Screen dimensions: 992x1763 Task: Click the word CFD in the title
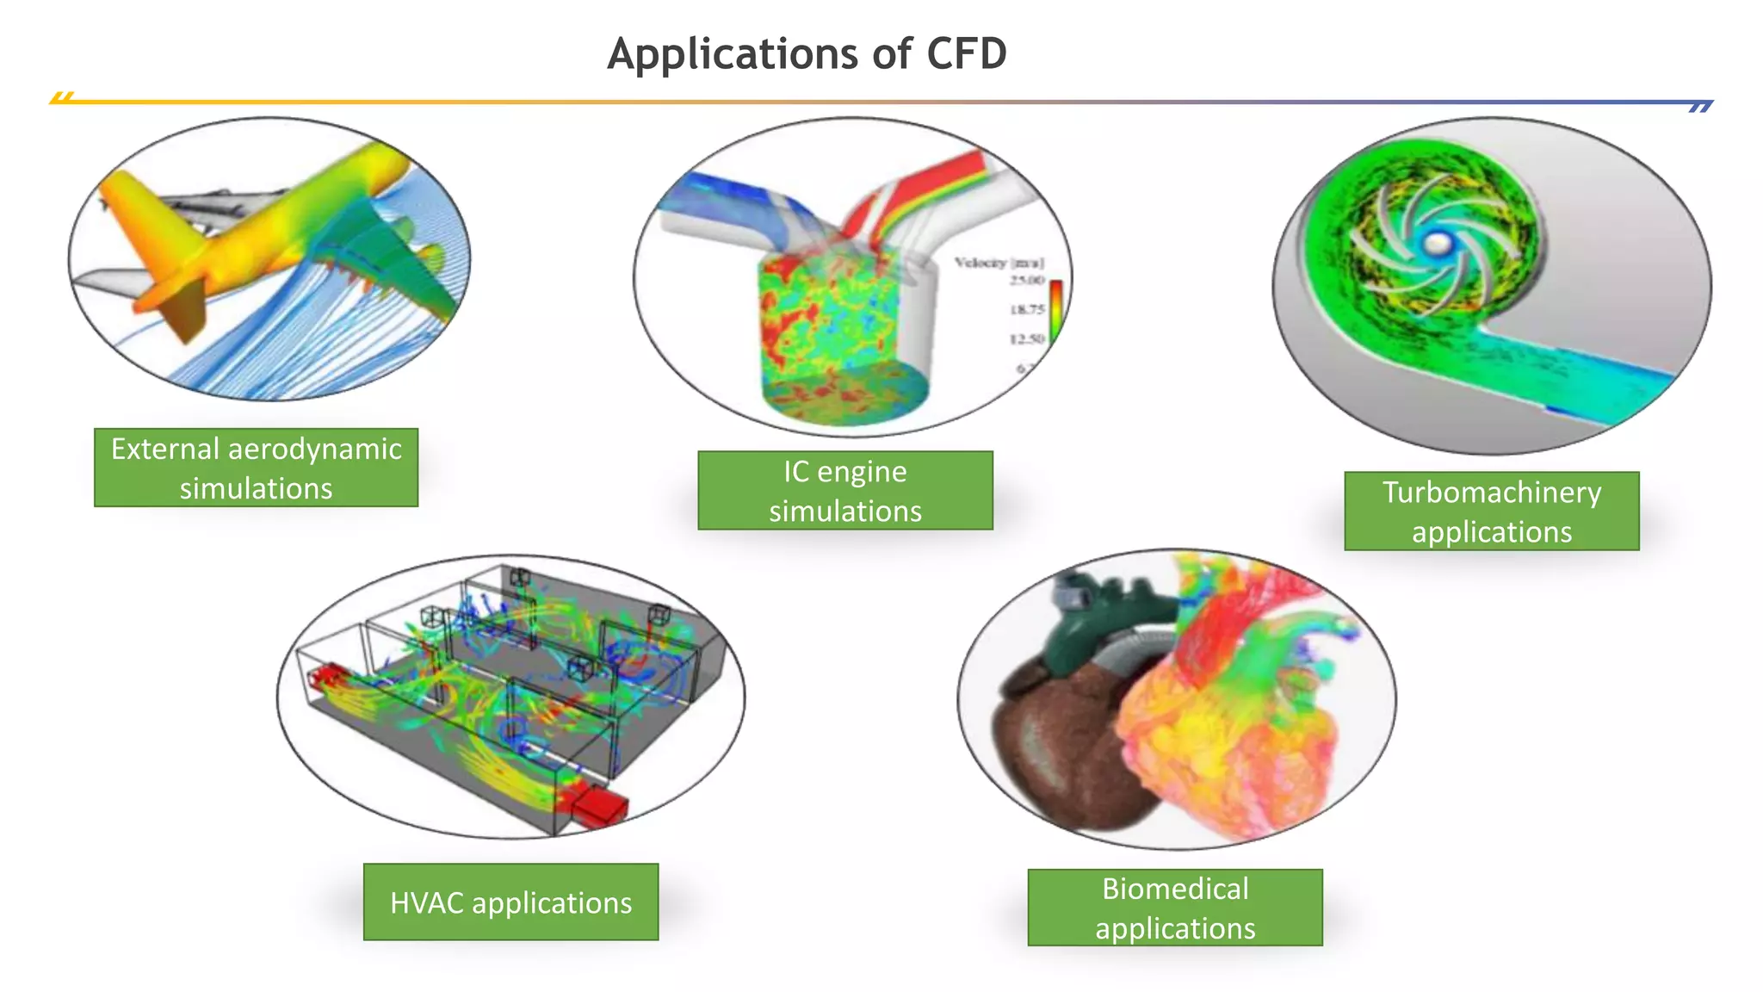click(966, 54)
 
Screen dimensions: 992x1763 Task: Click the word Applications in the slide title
click(732, 54)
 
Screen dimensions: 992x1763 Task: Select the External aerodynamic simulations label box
click(256, 468)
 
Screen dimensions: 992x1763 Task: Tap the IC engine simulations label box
click(844, 490)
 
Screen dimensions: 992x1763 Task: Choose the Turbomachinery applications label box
click(1491, 511)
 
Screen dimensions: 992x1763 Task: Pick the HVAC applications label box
click(510, 902)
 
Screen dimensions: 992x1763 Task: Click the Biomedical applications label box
click(1174, 908)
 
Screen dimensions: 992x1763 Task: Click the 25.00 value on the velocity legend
click(1027, 281)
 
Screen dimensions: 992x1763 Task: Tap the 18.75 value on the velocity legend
click(1027, 309)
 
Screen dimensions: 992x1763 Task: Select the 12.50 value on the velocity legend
click(1027, 338)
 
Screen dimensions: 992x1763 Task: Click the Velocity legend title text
click(999, 263)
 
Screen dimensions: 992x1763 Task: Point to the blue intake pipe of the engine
click(732, 198)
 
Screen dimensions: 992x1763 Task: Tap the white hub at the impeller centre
click(1436, 244)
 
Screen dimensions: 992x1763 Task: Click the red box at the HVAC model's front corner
click(600, 806)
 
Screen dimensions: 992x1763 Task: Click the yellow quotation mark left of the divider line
click(62, 97)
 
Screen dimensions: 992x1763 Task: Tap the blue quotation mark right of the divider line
click(1700, 107)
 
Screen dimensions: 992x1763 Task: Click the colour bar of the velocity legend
click(1055, 310)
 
